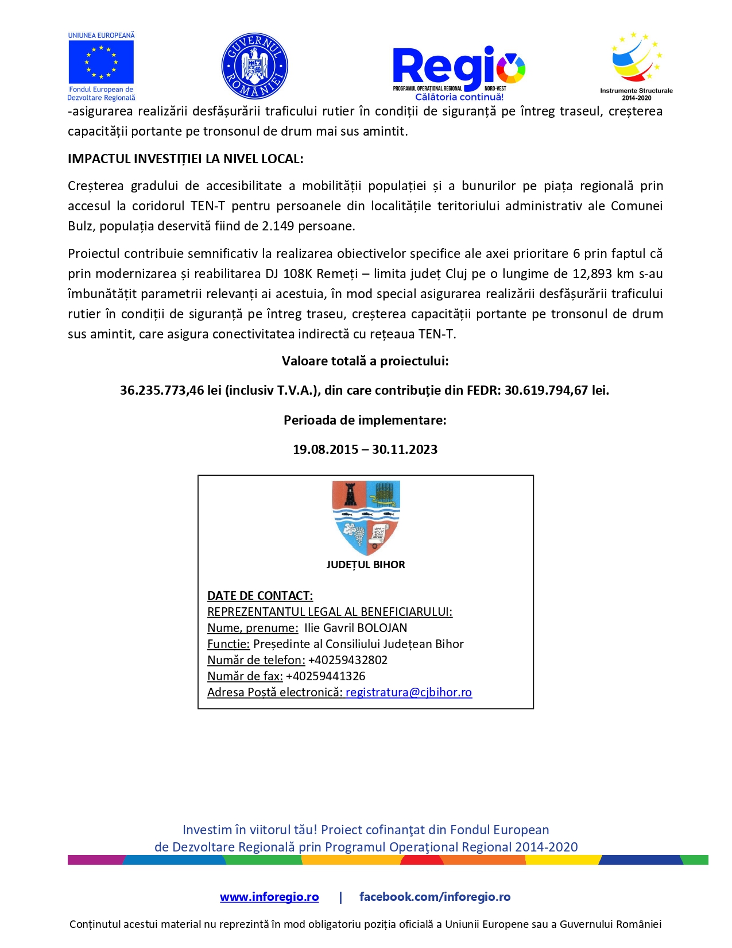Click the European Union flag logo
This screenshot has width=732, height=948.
101,63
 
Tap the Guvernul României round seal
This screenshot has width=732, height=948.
254,66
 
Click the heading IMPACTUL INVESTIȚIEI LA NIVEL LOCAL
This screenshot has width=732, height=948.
185,159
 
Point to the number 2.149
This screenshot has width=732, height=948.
278,226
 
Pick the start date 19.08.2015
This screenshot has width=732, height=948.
326,450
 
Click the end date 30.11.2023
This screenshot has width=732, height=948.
405,450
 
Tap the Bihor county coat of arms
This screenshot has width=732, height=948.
366,517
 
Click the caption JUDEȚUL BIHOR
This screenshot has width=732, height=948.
366,565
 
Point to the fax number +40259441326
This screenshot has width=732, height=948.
326,676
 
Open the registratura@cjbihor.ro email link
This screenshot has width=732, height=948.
409,692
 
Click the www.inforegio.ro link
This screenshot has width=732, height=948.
269,897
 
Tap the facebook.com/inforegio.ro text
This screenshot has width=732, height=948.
435,897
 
